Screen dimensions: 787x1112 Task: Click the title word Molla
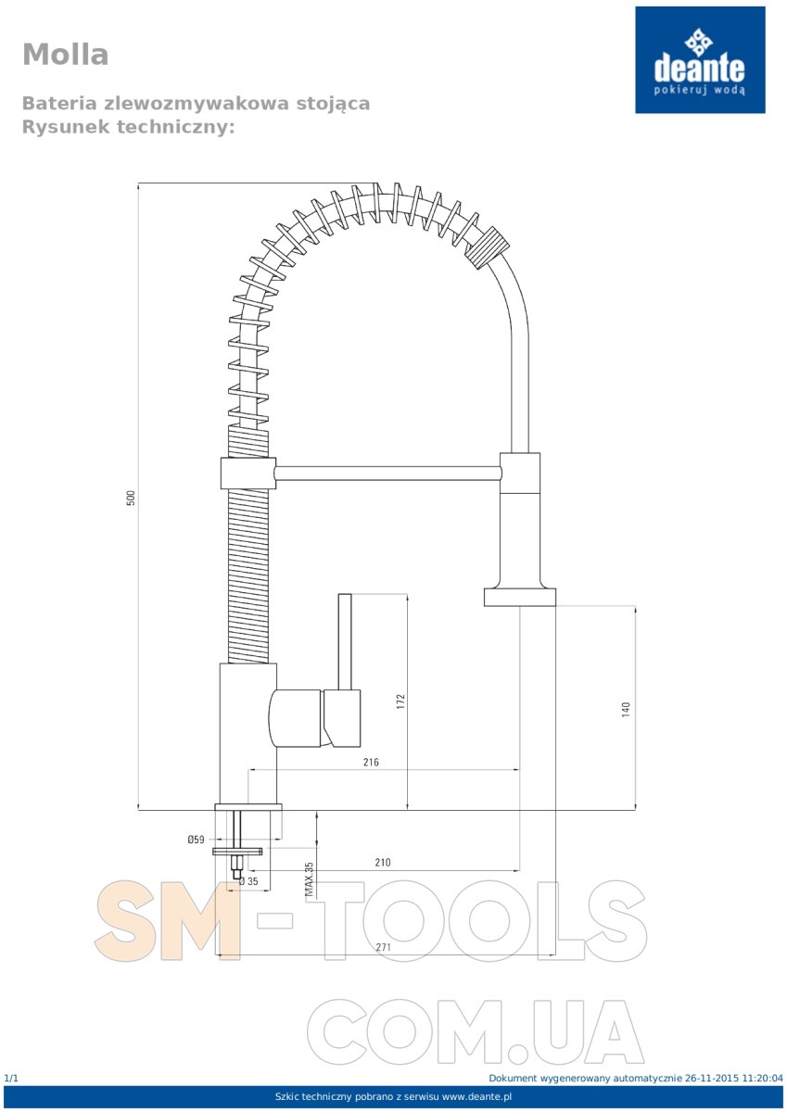(66, 54)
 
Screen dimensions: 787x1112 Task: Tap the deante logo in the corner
(700, 60)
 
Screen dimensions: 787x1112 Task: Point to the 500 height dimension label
(131, 498)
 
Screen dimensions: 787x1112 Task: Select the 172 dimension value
(400, 701)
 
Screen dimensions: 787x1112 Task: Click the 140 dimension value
(625, 709)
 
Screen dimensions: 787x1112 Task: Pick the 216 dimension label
(371, 762)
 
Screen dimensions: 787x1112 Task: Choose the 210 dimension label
(382, 863)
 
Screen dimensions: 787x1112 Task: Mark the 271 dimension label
(383, 947)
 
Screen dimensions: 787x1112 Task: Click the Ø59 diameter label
(196, 840)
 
